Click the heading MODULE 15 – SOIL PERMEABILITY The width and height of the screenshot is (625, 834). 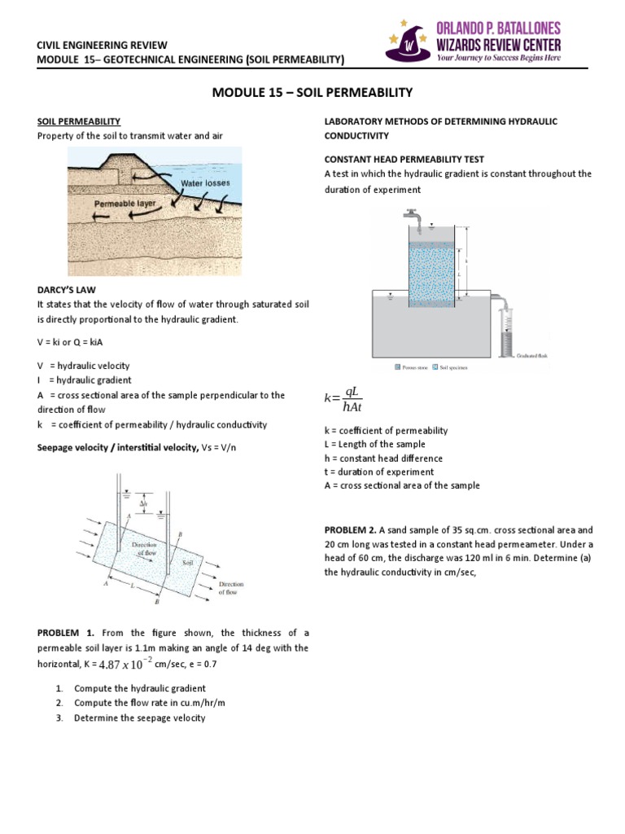(312, 92)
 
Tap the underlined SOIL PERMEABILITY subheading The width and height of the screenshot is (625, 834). (79, 121)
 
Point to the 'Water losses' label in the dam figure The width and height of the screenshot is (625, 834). (205, 183)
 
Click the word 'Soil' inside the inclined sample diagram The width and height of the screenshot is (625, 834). (187, 562)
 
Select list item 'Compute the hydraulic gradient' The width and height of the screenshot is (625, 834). (139, 688)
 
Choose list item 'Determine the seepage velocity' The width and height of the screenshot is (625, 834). (139, 718)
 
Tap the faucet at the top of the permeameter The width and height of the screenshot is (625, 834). (413, 217)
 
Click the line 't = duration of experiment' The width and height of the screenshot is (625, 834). (378, 472)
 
